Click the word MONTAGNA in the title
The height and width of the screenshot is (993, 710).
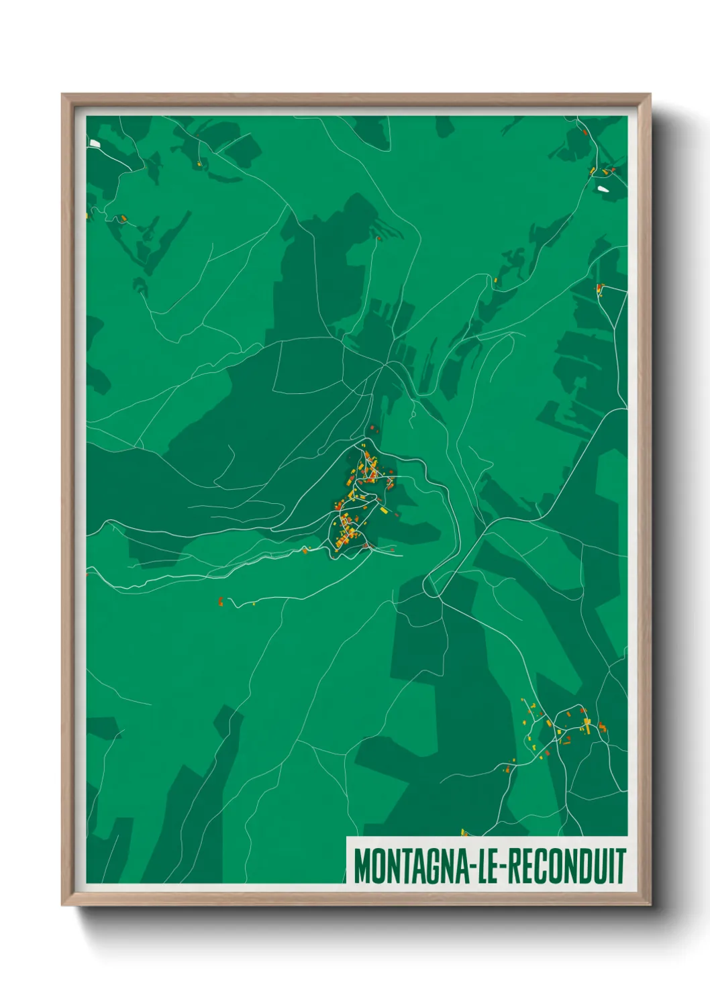point(410,866)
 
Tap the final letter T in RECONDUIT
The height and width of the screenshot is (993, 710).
point(622,866)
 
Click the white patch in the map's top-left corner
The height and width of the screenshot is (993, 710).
point(94,143)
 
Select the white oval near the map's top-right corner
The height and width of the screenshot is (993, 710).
point(604,189)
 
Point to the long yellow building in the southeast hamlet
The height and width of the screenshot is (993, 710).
point(587,725)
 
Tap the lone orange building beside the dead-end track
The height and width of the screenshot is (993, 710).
point(220,600)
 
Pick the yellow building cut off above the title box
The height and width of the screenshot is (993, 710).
point(463,833)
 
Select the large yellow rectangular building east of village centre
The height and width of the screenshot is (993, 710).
point(383,510)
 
